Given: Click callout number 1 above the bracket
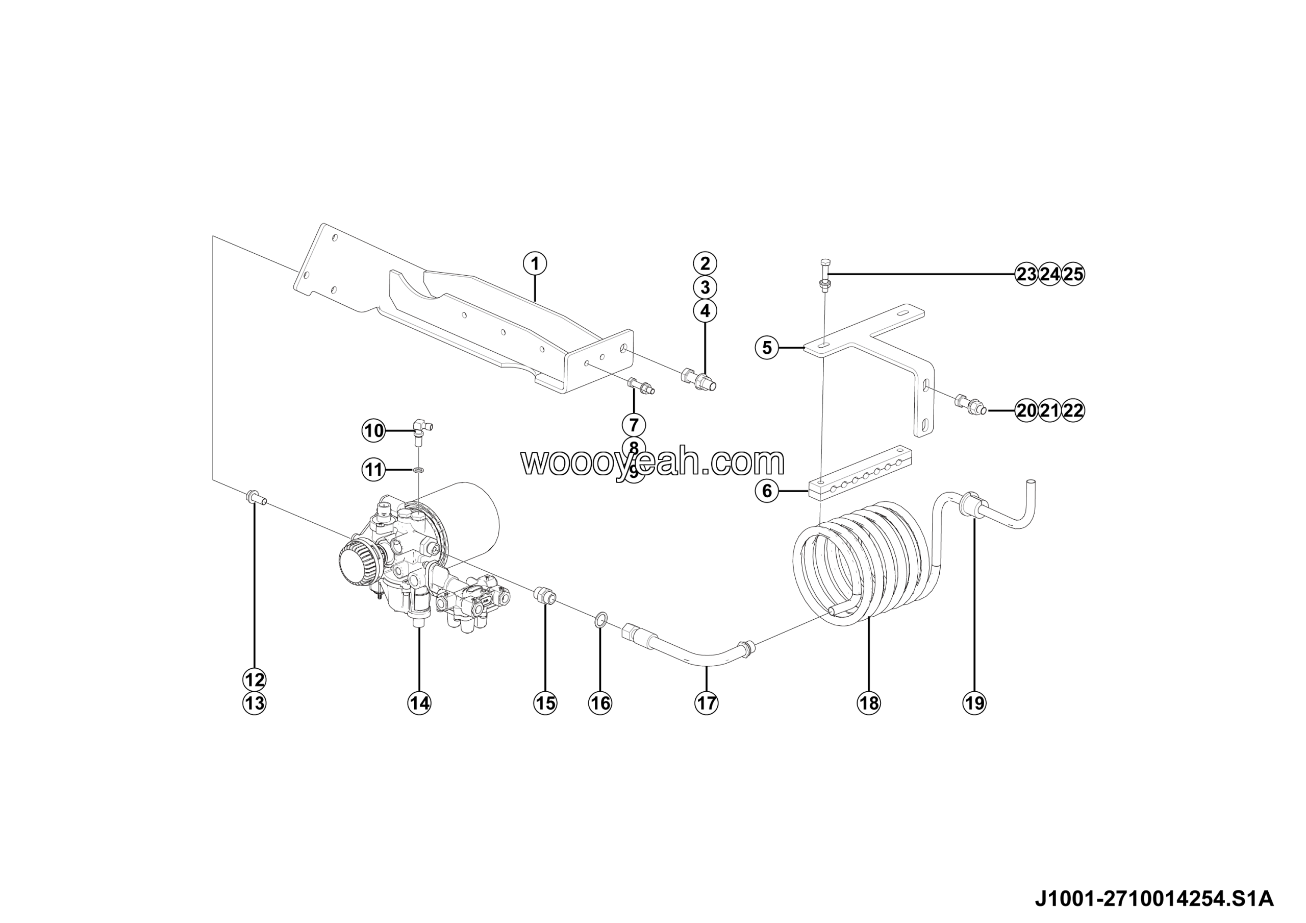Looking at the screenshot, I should [x=534, y=263].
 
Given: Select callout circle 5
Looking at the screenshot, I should [x=767, y=347].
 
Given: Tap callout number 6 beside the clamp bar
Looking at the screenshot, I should [x=767, y=490].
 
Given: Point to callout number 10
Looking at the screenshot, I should [x=374, y=431].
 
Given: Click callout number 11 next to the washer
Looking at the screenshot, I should [x=374, y=470].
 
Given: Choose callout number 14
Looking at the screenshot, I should [x=419, y=703].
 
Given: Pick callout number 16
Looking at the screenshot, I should [x=600, y=703].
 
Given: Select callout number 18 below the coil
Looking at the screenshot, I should [x=869, y=703].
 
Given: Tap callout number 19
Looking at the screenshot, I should [x=974, y=703].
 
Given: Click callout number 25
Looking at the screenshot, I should [x=1073, y=275].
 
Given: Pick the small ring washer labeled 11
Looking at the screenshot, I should [x=419, y=470].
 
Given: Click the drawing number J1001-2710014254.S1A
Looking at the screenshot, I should [x=1154, y=899].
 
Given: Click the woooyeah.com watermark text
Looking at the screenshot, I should [x=652, y=462].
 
